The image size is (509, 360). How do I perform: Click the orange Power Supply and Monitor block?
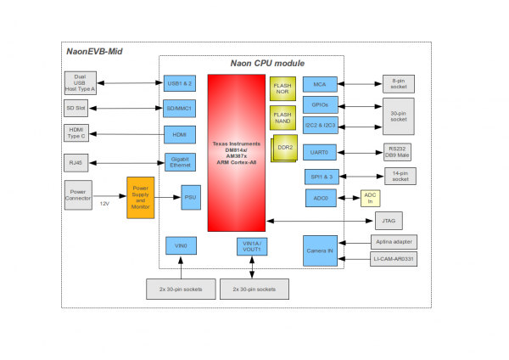click(140, 197)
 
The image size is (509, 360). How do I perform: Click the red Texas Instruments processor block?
click(238, 152)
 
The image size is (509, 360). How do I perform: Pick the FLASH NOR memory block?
click(282, 88)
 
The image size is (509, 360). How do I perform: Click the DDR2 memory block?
click(283, 149)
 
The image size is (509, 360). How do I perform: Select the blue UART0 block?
click(319, 151)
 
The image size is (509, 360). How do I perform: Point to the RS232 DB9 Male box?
click(398, 151)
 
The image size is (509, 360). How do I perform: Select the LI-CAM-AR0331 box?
click(394, 260)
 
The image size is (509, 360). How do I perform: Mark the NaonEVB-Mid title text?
click(94, 53)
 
